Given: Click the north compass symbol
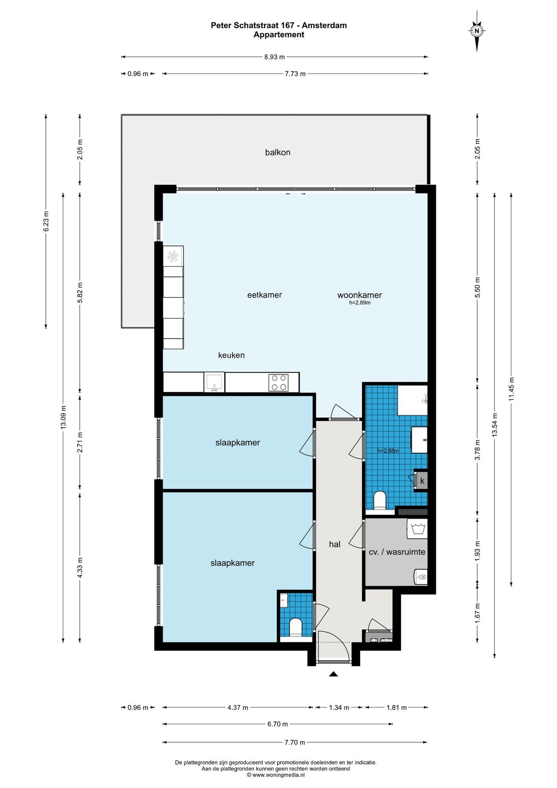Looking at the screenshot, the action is pyautogui.click(x=477, y=31).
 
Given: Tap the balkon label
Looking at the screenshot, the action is pyautogui.click(x=278, y=152).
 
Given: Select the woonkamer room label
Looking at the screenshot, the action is pyautogui.click(x=359, y=295).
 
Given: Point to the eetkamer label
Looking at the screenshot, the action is pyautogui.click(x=265, y=295).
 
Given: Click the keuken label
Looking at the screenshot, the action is pyautogui.click(x=231, y=355).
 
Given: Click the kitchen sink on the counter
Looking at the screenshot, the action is pyautogui.click(x=214, y=382).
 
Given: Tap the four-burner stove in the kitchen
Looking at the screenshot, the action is pyautogui.click(x=278, y=383).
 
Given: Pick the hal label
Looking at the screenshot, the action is pyautogui.click(x=335, y=544).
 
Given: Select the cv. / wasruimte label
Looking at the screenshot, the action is pyautogui.click(x=397, y=552).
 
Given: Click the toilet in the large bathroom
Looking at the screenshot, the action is pyautogui.click(x=380, y=500).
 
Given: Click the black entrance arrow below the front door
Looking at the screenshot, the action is pyautogui.click(x=333, y=674).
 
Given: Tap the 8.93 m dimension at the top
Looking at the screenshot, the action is pyautogui.click(x=274, y=57).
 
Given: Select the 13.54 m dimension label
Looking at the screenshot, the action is pyautogui.click(x=495, y=424).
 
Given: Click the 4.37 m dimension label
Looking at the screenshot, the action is pyautogui.click(x=238, y=708).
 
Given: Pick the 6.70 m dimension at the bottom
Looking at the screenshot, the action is pyautogui.click(x=278, y=724).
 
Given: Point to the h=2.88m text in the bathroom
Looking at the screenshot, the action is pyautogui.click(x=388, y=451).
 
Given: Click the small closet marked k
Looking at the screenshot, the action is pyautogui.click(x=422, y=481).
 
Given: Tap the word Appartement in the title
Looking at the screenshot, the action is pyautogui.click(x=279, y=35).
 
